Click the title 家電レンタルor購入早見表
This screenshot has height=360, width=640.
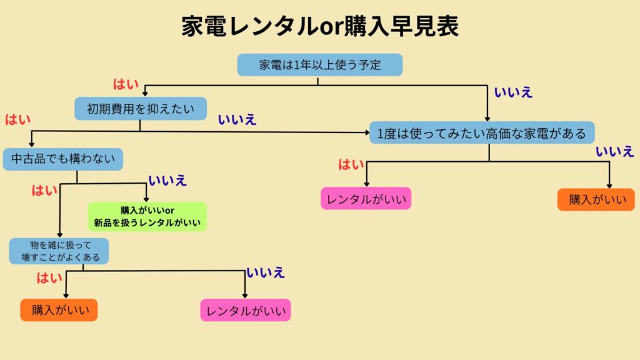pyautogui.click(x=320, y=26)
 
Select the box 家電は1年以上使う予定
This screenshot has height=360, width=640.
pyautogui.click(x=319, y=65)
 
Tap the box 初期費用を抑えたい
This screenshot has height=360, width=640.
pyautogui.click(x=140, y=108)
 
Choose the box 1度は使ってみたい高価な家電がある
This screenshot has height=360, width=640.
pyautogui.click(x=481, y=132)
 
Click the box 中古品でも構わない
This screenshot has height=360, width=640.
pyautogui.click(x=62, y=159)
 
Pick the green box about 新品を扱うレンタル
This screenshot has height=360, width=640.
pyautogui.click(x=147, y=216)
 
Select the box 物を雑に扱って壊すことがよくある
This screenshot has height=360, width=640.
pyautogui.click(x=59, y=251)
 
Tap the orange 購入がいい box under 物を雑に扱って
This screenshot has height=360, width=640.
pyautogui.click(x=59, y=309)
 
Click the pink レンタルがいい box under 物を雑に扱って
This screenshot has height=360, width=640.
pyautogui.click(x=246, y=311)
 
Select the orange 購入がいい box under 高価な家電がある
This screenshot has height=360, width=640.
pyautogui.click(x=596, y=199)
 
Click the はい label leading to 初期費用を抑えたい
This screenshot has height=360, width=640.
pyautogui.click(x=126, y=84)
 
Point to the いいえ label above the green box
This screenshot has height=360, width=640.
pyautogui.click(x=167, y=181)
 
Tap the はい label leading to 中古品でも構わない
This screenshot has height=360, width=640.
pyautogui.click(x=17, y=119)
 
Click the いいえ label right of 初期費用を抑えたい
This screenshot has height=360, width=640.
pyautogui.click(x=237, y=120)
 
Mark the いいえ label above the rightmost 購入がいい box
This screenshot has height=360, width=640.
pyautogui.click(x=614, y=151)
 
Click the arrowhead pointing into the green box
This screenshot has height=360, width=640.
pyautogui.click(x=146, y=198)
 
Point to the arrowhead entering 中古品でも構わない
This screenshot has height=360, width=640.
pyautogui.click(x=31, y=144)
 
